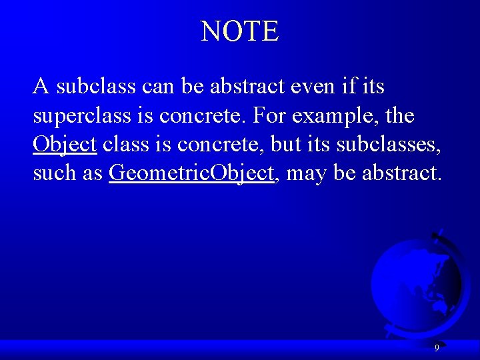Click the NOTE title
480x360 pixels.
pos(240,31)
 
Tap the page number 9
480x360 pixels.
pos(437,347)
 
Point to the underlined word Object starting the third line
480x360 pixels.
pos(65,145)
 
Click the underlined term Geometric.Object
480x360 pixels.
pos(191,173)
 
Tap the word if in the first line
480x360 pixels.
pos(341,87)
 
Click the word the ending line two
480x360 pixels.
pos(399,116)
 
